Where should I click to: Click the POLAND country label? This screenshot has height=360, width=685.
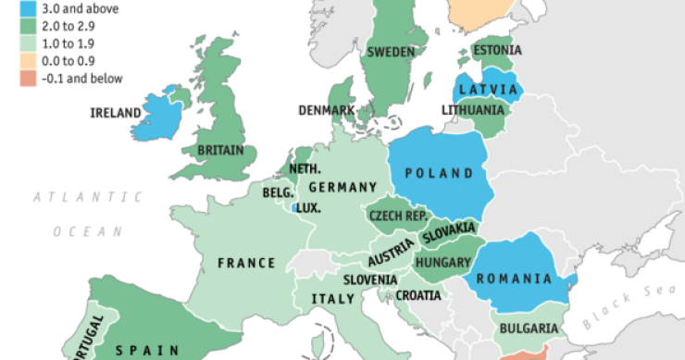coord(437,174)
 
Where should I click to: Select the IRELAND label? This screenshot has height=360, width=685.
coord(116,113)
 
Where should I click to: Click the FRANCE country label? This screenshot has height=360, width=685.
coord(246,263)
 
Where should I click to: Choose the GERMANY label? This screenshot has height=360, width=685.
coord(342,188)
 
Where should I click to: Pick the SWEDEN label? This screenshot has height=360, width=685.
coord(391,53)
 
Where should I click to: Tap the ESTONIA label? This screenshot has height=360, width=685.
coord(496,50)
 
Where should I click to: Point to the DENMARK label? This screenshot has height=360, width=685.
coord(327,110)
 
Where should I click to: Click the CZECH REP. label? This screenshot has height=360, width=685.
coord(398,216)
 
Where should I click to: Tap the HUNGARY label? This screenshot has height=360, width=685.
coord(443,263)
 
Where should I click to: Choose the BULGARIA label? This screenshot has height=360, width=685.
coord(529,329)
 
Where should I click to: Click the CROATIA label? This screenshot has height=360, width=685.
coord(419,296)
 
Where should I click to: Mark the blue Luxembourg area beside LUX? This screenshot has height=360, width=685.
coord(294,209)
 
